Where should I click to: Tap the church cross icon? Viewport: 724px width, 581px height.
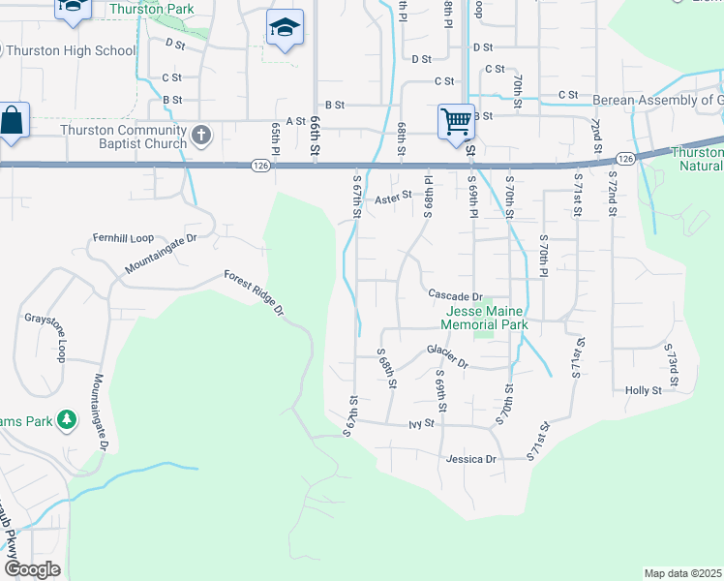click(x=201, y=136)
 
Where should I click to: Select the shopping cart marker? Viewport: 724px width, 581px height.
click(x=455, y=122)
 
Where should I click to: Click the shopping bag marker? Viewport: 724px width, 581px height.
click(x=13, y=122)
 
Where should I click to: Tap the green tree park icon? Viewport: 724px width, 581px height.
click(x=67, y=420)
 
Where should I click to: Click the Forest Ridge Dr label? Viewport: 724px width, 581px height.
click(x=254, y=292)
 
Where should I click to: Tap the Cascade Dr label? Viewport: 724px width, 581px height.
click(x=455, y=295)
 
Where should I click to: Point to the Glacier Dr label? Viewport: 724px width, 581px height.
click(x=447, y=358)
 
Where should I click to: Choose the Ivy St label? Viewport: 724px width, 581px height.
click(x=418, y=424)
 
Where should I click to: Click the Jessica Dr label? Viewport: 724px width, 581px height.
click(x=471, y=458)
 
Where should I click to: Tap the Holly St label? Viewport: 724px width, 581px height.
click(x=643, y=390)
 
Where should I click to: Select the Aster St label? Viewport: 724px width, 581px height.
click(x=393, y=197)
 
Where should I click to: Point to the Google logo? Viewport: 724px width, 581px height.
click(x=31, y=568)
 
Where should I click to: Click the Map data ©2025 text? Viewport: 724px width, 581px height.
click(x=682, y=573)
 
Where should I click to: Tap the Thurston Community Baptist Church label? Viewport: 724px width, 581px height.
click(x=123, y=138)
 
